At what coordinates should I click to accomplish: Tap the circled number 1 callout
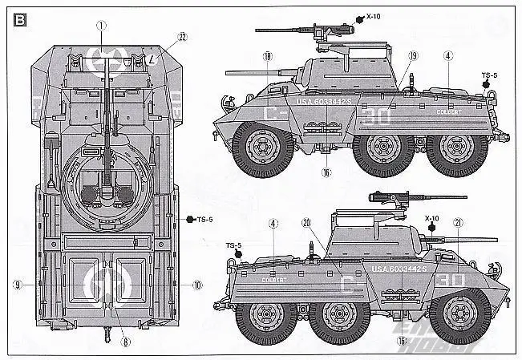tap(102, 26)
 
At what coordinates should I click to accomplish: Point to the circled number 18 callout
tap(267, 55)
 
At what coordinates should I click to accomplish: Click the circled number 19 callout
tap(390, 55)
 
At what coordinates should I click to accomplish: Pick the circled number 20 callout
tap(306, 222)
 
